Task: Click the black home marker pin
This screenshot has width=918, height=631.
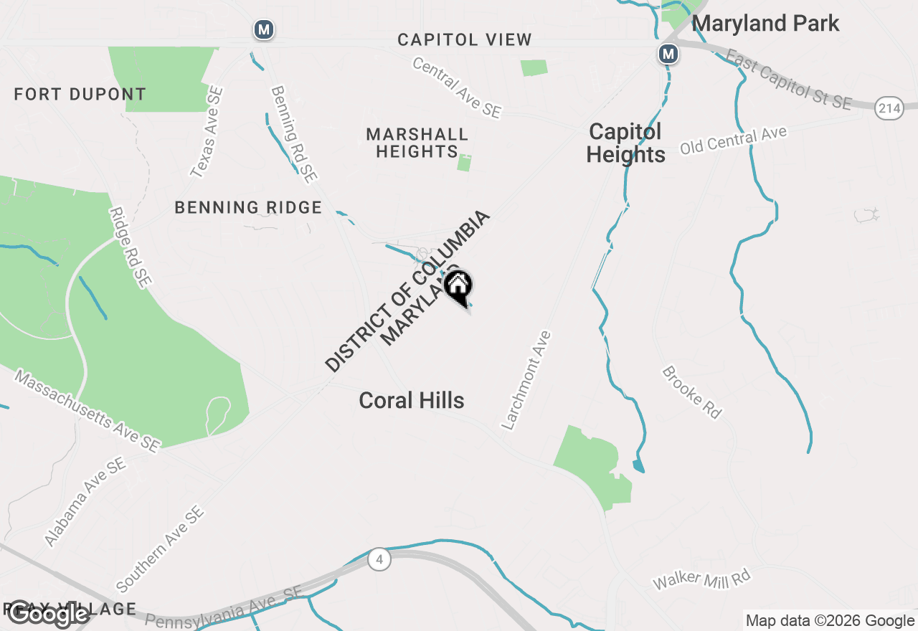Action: point(458,287)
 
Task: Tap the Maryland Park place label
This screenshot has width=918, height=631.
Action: point(765,23)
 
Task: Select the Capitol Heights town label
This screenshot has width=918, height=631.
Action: point(625,143)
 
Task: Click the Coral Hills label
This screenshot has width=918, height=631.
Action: point(412,400)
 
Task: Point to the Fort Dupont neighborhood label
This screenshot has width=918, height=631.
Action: point(80,94)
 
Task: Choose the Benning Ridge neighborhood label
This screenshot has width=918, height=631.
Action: point(248,207)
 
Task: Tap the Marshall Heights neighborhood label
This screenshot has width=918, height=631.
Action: point(417,143)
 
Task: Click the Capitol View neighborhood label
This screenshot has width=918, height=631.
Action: point(465,39)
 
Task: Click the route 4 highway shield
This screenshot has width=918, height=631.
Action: point(379,559)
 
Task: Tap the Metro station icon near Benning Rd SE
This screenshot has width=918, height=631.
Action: point(264,29)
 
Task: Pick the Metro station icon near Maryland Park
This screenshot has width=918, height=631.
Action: point(668,53)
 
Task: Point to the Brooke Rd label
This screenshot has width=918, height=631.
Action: point(691,392)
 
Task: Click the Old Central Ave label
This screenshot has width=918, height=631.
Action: point(733,140)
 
